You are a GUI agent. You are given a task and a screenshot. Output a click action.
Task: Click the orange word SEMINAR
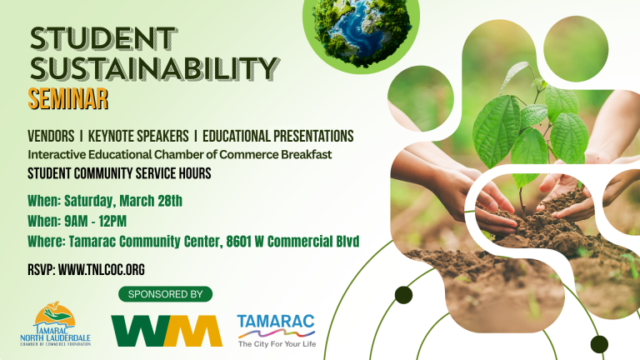click(68, 99)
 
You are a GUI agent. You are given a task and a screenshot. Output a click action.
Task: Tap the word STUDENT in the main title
click(103, 39)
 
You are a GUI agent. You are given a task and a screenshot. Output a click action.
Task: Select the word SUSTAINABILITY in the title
click(155, 67)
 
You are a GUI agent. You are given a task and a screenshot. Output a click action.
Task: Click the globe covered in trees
click(362, 32)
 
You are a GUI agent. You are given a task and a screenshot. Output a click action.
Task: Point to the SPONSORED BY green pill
click(165, 294)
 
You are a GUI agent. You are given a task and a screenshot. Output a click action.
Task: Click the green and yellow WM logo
click(167, 331)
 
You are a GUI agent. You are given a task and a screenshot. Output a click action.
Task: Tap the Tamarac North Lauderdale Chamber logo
click(56, 324)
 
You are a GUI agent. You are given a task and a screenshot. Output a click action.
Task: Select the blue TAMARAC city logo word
click(276, 321)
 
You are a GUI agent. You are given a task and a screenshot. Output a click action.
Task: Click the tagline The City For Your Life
click(277, 344)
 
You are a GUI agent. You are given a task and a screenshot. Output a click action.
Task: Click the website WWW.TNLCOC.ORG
click(101, 270)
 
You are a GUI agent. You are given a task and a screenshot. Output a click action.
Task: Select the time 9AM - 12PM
click(96, 221)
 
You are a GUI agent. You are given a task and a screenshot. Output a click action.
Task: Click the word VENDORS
click(51, 136)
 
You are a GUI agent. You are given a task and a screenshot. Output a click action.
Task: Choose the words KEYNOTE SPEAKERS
click(138, 136)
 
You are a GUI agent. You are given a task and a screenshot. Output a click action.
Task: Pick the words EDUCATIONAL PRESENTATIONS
click(278, 136)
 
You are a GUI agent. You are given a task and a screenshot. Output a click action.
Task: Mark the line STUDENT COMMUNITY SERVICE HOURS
click(119, 173)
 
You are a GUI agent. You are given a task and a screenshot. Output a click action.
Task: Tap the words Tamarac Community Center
click(146, 241)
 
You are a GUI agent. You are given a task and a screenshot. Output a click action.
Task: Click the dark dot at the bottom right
click(599, 344)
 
